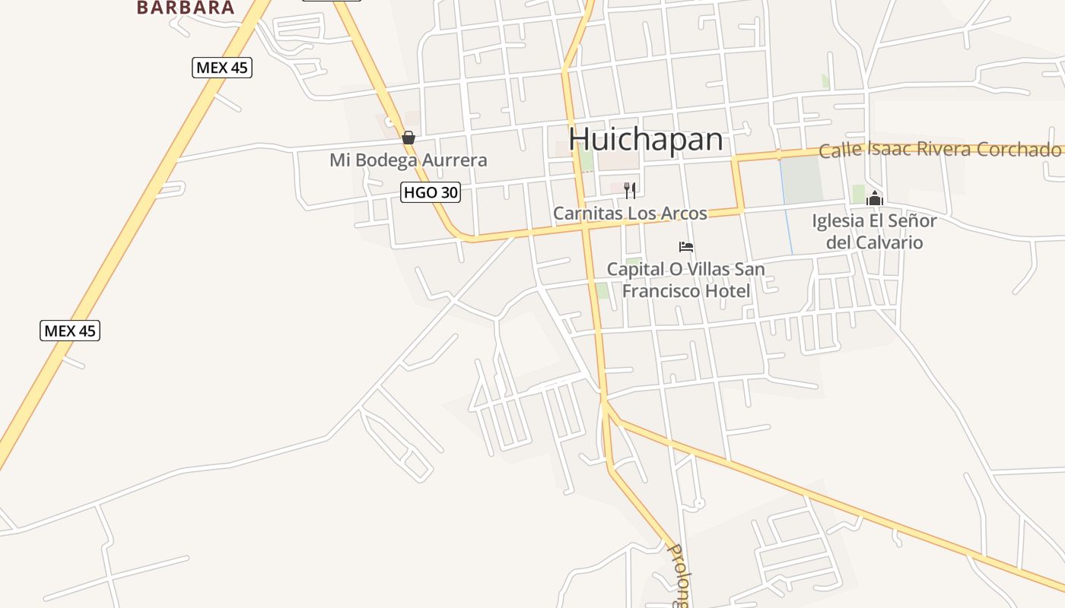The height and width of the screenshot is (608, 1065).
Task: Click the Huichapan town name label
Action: [x=646, y=140]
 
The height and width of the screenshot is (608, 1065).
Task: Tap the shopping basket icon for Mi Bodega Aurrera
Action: [x=409, y=138]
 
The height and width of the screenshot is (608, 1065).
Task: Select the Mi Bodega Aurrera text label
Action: [x=408, y=160]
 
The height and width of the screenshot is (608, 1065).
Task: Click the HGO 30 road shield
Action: [x=431, y=192]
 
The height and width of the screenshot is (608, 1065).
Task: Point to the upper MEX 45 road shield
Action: [x=221, y=68]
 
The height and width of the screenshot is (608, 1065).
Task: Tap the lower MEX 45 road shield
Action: [x=70, y=331]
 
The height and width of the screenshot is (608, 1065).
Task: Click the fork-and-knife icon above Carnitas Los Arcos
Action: [x=629, y=190]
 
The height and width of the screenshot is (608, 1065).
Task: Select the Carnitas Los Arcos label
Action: [x=630, y=214]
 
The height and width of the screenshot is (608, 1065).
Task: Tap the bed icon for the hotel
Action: [x=686, y=247]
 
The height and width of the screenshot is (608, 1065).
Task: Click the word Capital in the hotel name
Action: [x=634, y=270]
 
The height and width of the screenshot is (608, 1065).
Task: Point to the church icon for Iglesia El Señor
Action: [x=875, y=198]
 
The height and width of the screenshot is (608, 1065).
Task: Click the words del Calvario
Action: [x=874, y=242]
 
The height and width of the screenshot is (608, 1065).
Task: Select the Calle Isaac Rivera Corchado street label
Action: [x=939, y=150]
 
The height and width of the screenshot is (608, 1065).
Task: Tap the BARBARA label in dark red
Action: [x=186, y=8]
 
